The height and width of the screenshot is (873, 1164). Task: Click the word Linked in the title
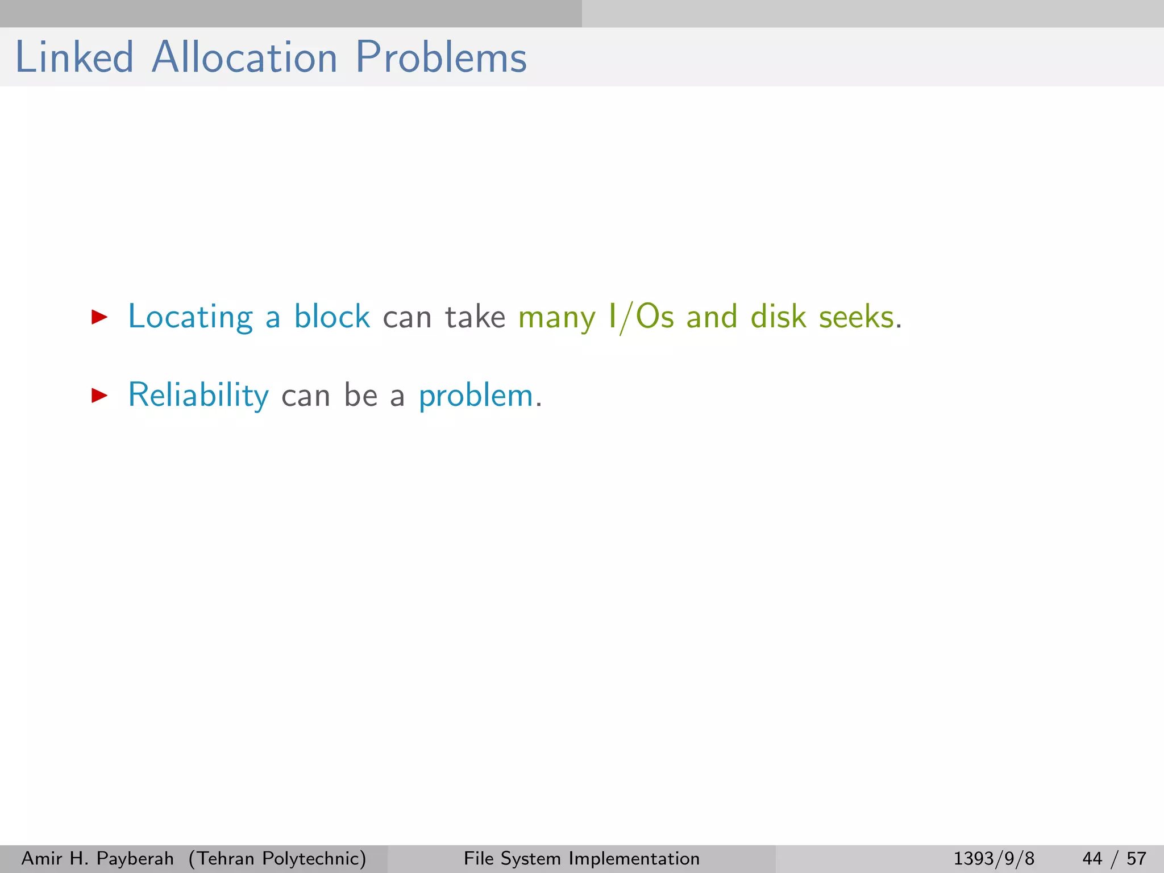[x=74, y=57]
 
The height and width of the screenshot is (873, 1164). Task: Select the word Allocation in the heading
[x=244, y=57]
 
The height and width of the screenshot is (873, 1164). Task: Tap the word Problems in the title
[x=441, y=57]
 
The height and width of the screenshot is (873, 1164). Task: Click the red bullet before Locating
[x=99, y=317]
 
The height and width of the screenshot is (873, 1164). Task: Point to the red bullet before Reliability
[x=99, y=396]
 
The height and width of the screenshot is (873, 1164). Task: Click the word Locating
[x=190, y=317]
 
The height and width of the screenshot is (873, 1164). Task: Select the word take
[x=475, y=317]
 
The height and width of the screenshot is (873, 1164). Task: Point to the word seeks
[x=856, y=317]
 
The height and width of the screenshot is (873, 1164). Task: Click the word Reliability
[x=198, y=395]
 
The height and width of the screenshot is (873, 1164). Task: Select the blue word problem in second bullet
[x=476, y=396]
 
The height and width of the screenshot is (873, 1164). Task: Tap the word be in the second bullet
[x=360, y=395]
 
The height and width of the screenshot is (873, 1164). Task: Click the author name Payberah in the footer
[x=135, y=858]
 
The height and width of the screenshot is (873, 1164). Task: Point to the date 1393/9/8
[x=993, y=858]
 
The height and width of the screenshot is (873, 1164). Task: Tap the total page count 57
[x=1136, y=858]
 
